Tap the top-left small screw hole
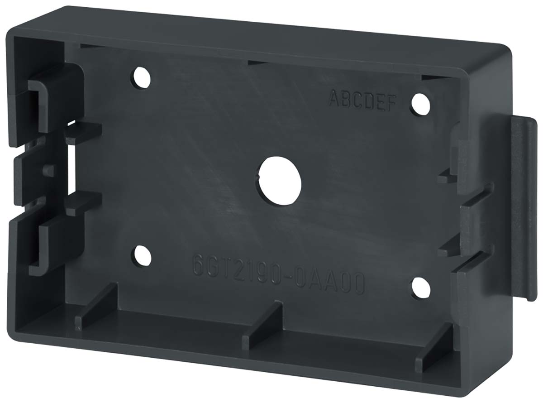click(142, 77)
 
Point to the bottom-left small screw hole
click(142, 256)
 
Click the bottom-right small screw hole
click(421, 288)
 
